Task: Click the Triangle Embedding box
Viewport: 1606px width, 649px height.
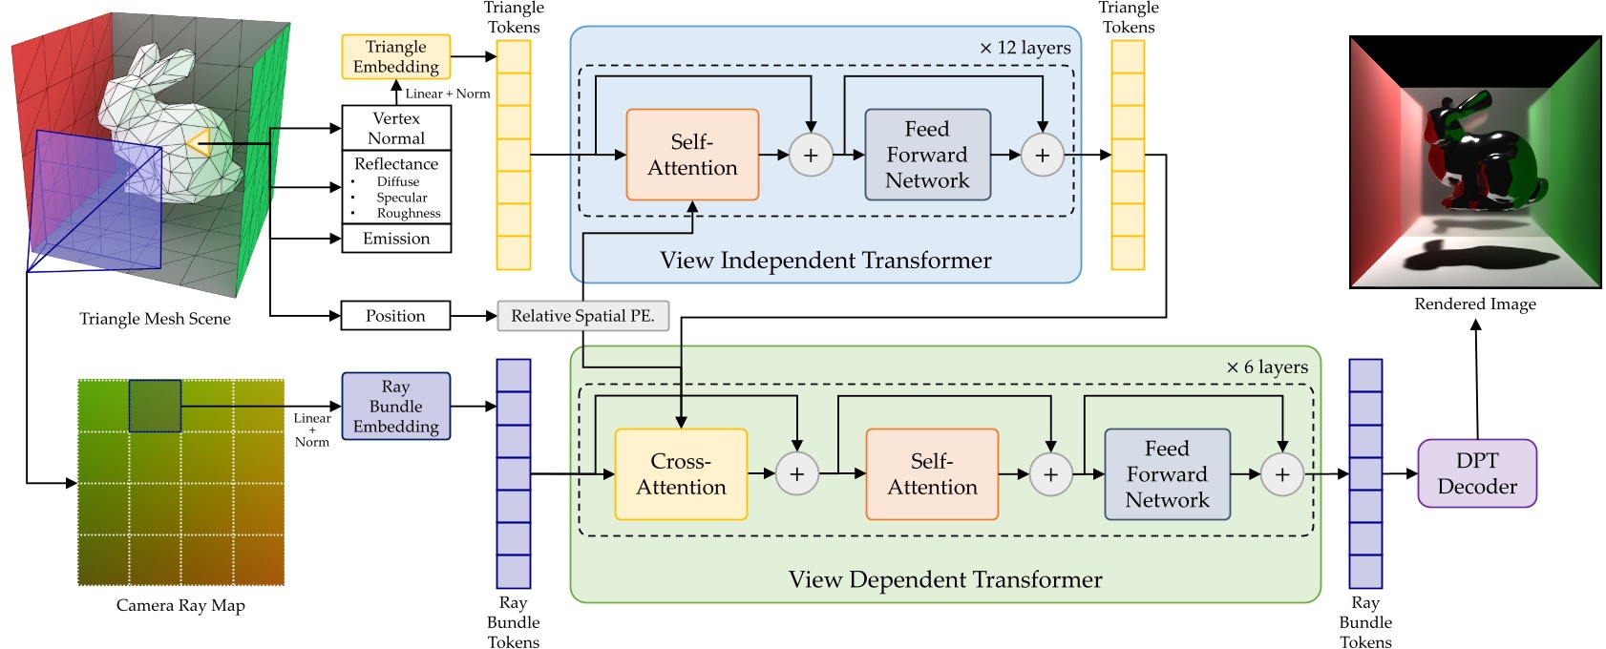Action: tap(395, 57)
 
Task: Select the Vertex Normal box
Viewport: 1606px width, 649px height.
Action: tap(395, 128)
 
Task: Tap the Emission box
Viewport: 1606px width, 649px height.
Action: tap(395, 239)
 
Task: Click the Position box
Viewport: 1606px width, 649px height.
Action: tap(395, 316)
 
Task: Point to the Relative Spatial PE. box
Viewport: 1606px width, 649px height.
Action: tap(582, 316)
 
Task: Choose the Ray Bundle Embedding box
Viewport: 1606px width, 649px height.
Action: tap(395, 407)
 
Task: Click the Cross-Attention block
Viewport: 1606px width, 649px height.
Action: tap(681, 474)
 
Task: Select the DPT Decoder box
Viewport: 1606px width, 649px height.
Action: tap(1476, 473)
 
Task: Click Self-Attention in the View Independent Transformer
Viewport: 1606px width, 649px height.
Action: tap(692, 155)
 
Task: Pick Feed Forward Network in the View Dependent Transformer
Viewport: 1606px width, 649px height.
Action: tap(1167, 474)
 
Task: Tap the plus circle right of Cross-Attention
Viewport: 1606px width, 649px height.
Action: tap(796, 474)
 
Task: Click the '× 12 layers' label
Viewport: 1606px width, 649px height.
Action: tap(1025, 48)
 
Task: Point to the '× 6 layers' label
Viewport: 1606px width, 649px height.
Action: tap(1266, 367)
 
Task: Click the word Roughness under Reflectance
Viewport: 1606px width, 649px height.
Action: tap(409, 214)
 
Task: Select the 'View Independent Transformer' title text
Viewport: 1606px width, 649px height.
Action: tap(825, 261)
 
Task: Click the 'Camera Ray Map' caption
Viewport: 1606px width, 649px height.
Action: tap(180, 605)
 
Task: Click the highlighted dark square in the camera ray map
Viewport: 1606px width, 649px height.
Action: tap(155, 407)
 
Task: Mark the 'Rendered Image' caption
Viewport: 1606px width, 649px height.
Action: tap(1474, 304)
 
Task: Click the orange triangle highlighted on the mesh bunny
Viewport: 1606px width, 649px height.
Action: tap(199, 144)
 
